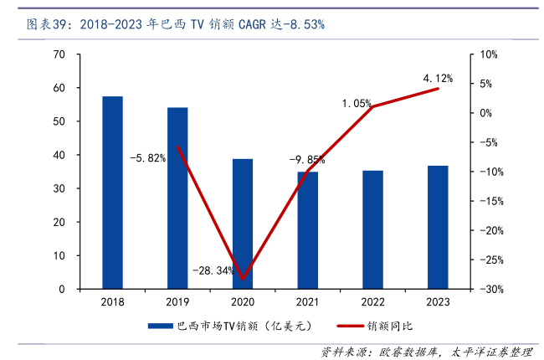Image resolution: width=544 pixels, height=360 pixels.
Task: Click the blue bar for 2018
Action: pyautogui.click(x=112, y=193)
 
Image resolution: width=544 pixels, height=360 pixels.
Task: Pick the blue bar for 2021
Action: pyautogui.click(x=307, y=230)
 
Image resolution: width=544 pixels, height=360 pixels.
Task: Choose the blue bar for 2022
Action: pyautogui.click(x=372, y=229)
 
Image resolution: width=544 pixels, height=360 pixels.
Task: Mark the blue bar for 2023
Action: pyautogui.click(x=438, y=227)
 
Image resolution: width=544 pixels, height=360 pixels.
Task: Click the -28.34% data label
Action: pyautogui.click(x=213, y=270)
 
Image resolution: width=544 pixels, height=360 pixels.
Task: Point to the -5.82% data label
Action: pyautogui.click(x=147, y=157)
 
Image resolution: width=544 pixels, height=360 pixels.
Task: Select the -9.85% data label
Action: pyautogui.click(x=306, y=159)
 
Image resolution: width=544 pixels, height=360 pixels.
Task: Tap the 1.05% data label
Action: pyautogui.click(x=357, y=103)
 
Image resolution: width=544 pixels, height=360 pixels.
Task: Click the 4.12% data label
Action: pyautogui.click(x=438, y=79)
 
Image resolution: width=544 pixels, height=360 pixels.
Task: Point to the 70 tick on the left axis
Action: pyautogui.click(x=59, y=54)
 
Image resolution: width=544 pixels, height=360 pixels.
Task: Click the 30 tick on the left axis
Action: pyautogui.click(x=59, y=188)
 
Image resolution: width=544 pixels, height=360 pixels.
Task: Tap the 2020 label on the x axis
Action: pyautogui.click(x=243, y=301)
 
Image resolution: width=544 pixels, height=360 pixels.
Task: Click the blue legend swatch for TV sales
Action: pyautogui.click(x=159, y=326)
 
